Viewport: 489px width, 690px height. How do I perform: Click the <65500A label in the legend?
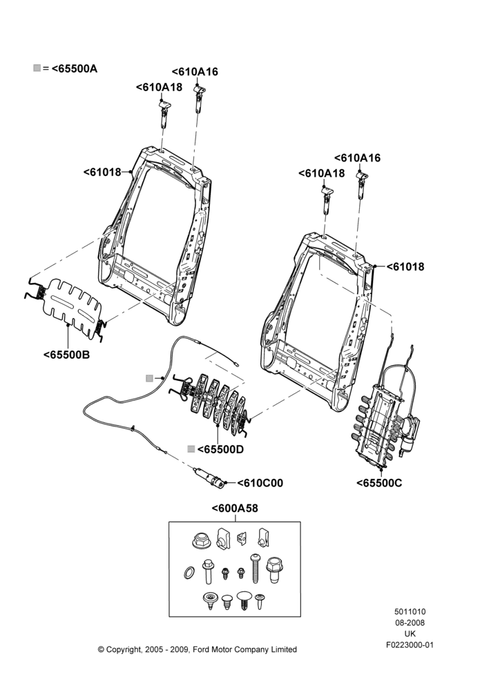pos(75,68)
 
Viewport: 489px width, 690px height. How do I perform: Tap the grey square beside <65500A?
pos(37,68)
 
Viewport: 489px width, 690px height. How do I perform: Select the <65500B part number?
pos(66,355)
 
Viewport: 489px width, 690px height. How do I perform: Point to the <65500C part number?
pos(379,483)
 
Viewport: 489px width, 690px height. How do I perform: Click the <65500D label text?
pos(220,449)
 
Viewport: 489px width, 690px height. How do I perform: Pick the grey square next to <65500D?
pos(191,449)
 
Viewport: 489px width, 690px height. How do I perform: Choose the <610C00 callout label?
pos(260,483)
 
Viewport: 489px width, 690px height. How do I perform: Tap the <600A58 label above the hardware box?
pos(235,509)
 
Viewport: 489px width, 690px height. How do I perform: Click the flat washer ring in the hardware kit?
pos(189,573)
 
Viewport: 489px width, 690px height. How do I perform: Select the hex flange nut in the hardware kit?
pos(201,540)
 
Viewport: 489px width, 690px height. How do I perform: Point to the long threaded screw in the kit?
pos(255,569)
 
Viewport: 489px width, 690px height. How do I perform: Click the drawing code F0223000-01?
pos(410,645)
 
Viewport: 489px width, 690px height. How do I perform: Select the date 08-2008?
pos(410,622)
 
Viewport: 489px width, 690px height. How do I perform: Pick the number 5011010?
pos(410,611)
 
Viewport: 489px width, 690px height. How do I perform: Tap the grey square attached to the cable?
pos(150,378)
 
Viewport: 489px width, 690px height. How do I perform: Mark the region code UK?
pos(410,633)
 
